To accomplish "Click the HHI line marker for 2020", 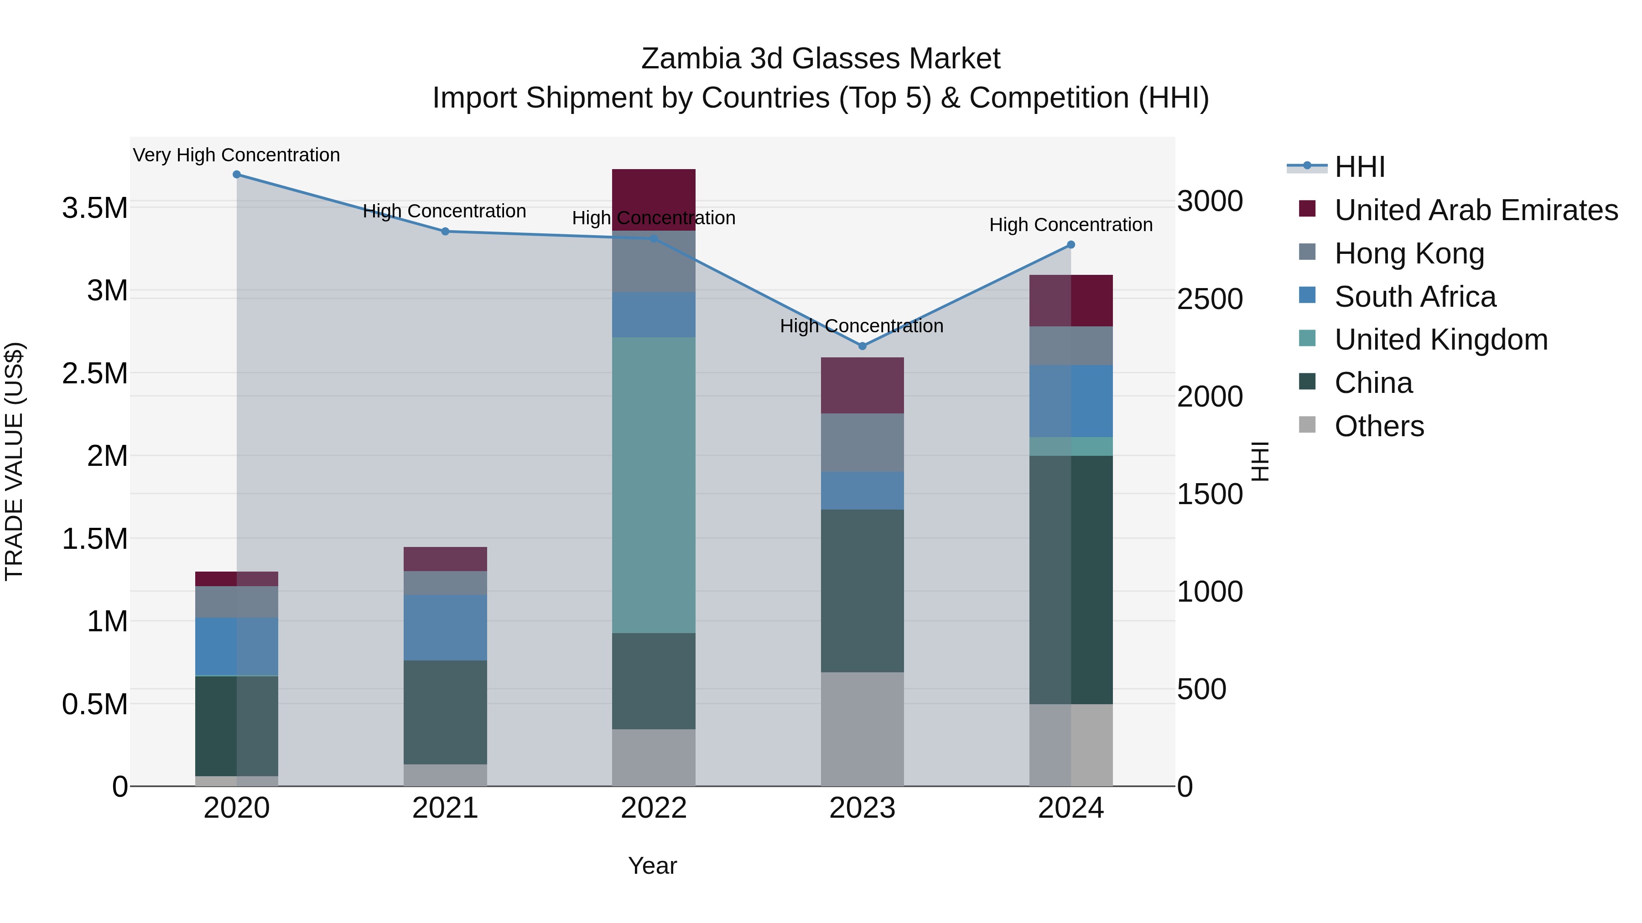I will [236, 175].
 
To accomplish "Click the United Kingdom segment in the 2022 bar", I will [653, 484].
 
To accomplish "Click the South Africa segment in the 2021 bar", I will [445, 628].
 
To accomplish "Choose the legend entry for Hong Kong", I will [1409, 253].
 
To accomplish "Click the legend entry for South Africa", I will [1414, 297].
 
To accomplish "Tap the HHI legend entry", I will [1359, 167].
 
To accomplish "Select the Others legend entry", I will [1379, 426].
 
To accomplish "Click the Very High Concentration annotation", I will [236, 155].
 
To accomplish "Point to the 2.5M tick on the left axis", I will [95, 373].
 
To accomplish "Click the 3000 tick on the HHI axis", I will [1209, 201].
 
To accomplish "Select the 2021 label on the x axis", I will [445, 808].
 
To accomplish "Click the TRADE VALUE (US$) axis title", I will [14, 461].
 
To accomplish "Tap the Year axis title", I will [652, 866].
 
